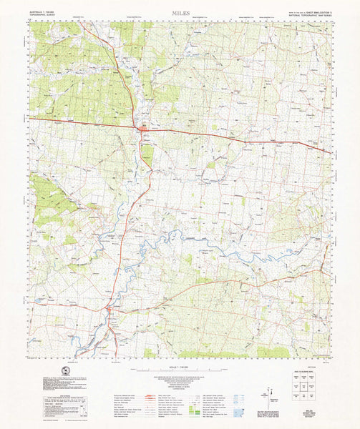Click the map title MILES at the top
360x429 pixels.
(x=180, y=13)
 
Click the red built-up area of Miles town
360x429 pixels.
(x=143, y=129)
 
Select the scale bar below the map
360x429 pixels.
(x=180, y=370)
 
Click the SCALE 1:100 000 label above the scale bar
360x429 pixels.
(x=180, y=365)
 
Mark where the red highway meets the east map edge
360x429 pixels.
(x=331, y=152)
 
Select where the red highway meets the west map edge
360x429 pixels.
(x=29, y=118)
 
